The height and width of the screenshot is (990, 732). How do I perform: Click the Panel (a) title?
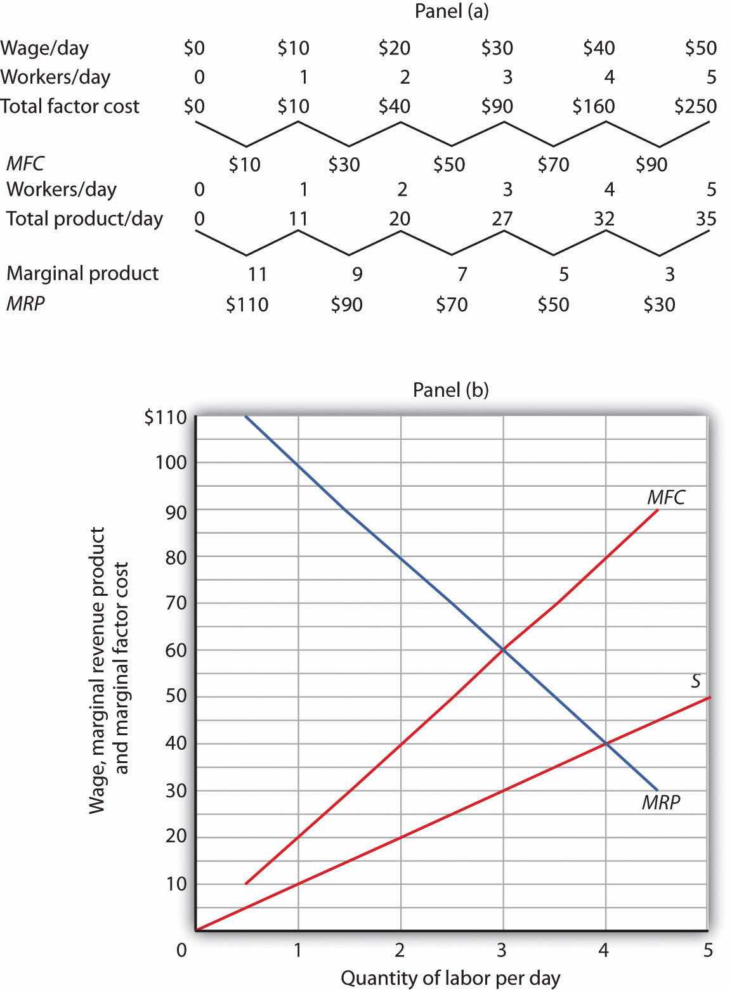point(451,11)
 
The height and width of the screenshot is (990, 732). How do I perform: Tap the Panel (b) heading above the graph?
point(451,389)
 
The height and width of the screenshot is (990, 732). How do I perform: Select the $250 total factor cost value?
point(696,106)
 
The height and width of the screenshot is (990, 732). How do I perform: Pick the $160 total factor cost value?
point(594,106)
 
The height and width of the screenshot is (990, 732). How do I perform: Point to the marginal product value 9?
point(357,274)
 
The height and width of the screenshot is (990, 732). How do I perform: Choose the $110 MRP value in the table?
point(247,305)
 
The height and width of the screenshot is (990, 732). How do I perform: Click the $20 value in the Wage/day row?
point(395,48)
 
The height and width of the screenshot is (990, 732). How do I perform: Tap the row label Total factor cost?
point(70,106)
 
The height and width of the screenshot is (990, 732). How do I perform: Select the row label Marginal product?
point(82,274)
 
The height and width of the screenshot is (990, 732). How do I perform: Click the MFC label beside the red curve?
point(666,498)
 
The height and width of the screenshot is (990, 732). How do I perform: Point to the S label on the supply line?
point(695,681)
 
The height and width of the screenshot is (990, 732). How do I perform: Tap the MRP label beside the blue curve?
point(661,802)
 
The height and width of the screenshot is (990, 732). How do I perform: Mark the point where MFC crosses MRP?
point(504,650)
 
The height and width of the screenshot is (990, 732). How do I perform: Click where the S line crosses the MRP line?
point(606,743)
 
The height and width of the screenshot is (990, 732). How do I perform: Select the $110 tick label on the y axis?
point(166,418)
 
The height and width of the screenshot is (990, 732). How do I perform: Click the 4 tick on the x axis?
point(604,950)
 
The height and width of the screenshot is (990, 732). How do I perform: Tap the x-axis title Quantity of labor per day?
point(451,978)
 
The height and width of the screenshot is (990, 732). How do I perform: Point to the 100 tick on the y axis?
point(171,463)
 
